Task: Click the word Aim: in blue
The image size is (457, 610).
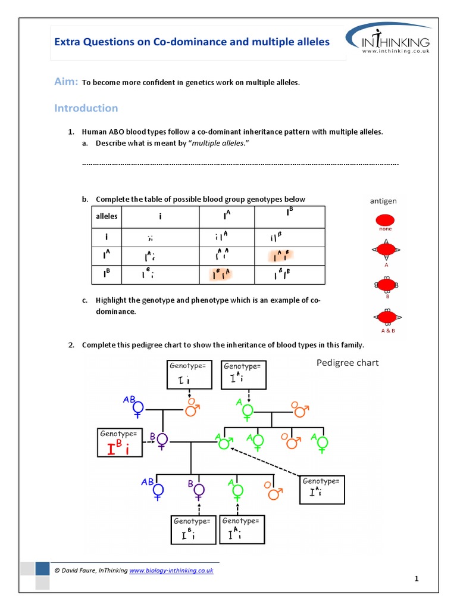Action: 66,82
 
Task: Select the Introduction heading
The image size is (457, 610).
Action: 86,108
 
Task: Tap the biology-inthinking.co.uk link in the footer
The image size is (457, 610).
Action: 171,570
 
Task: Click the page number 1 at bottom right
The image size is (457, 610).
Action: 417,578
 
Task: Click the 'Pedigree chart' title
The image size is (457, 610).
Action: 347,362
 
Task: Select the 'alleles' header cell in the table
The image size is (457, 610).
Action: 107,216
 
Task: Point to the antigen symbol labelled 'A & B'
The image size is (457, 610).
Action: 386,317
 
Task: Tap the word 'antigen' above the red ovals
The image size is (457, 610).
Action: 383,201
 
